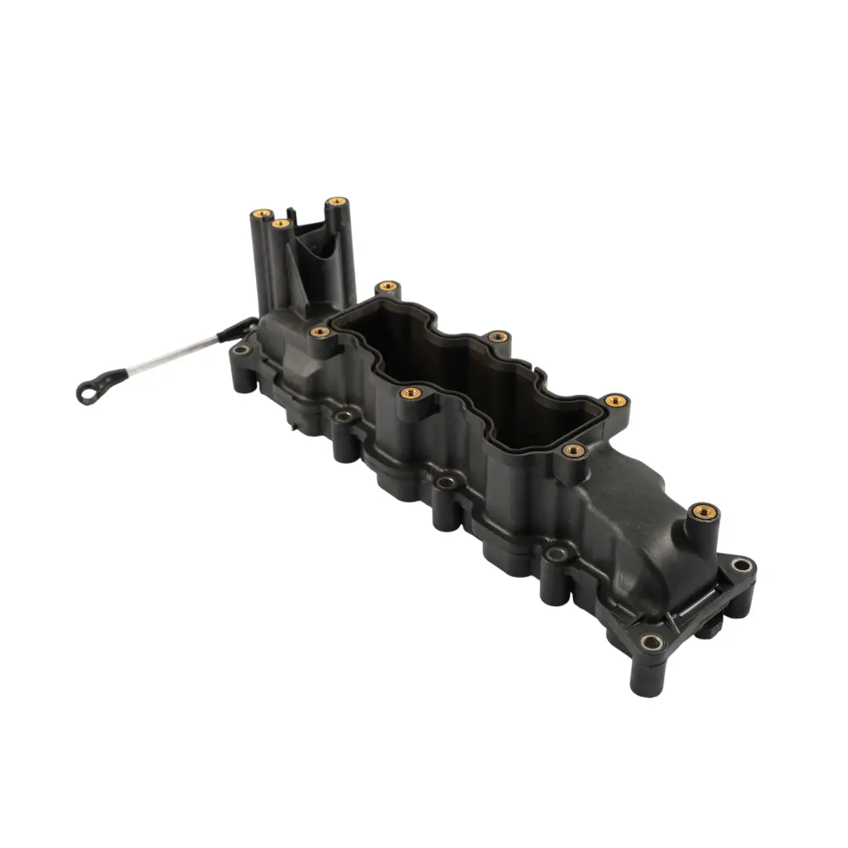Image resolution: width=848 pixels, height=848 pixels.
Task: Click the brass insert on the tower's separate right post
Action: click(x=337, y=202)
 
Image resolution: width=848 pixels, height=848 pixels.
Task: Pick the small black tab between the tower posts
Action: click(x=291, y=213)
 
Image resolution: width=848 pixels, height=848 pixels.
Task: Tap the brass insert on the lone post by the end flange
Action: click(x=704, y=511)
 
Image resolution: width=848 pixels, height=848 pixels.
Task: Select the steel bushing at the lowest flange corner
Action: click(x=651, y=641)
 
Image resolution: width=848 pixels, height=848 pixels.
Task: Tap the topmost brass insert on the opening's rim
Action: click(x=387, y=287)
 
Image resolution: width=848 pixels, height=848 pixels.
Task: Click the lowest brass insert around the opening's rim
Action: click(x=575, y=451)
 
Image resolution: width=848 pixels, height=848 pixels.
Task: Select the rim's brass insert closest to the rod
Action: click(x=320, y=332)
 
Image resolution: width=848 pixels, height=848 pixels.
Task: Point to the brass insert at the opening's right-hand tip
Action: click(x=616, y=401)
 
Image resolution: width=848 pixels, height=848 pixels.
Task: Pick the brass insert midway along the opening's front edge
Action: click(x=408, y=392)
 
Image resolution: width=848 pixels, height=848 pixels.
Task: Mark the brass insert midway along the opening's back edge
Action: click(x=498, y=338)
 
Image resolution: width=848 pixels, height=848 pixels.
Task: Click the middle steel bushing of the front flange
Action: click(x=446, y=481)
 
